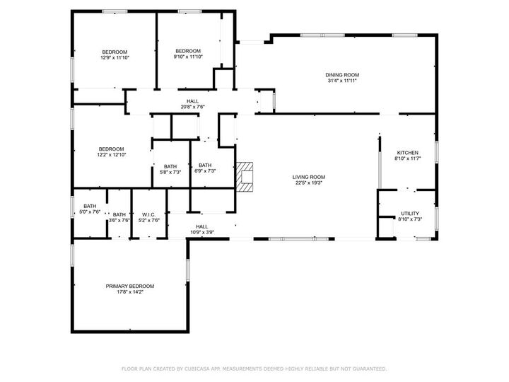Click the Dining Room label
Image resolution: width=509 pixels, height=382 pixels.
point(342,75)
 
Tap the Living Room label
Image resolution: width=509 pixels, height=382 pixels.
point(309,177)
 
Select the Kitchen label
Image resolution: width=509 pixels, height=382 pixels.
point(407,153)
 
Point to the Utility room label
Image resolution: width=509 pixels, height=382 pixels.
point(410,213)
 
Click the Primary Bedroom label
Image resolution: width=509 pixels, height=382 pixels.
point(130,286)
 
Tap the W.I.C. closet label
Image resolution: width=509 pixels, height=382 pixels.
point(148,214)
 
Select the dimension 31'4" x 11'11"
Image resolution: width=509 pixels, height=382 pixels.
point(342,81)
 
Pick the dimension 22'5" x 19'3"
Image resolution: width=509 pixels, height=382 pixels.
point(309,183)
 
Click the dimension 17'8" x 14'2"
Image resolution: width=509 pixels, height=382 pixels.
point(130,291)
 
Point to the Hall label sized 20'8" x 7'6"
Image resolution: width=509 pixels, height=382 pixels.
point(192,101)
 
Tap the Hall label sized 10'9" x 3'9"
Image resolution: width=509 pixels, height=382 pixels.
point(202,226)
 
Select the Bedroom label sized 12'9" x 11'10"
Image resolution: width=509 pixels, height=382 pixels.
point(115,52)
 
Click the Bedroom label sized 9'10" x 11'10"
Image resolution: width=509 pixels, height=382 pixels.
point(188,51)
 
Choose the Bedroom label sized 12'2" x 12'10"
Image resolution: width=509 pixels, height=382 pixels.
point(111,149)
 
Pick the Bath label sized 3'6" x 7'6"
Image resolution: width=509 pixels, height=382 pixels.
point(119,214)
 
